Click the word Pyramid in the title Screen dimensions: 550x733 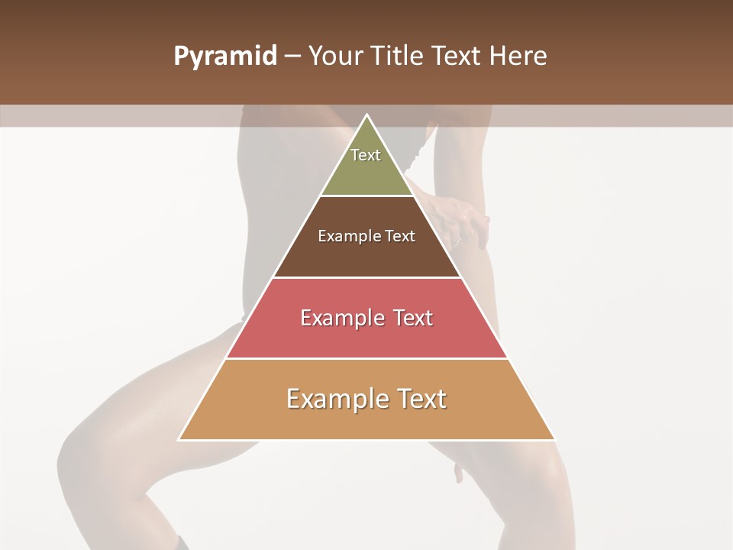point(225,57)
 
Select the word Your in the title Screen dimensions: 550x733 point(335,57)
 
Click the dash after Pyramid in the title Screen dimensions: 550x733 point(292,57)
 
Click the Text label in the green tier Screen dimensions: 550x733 point(366,155)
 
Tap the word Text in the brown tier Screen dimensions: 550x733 point(401,236)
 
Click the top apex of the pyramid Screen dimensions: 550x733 point(366,115)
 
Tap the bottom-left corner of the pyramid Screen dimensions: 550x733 point(179,439)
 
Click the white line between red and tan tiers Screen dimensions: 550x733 point(366,358)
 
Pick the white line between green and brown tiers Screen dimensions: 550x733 point(366,196)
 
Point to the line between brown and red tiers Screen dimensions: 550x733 point(366,277)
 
